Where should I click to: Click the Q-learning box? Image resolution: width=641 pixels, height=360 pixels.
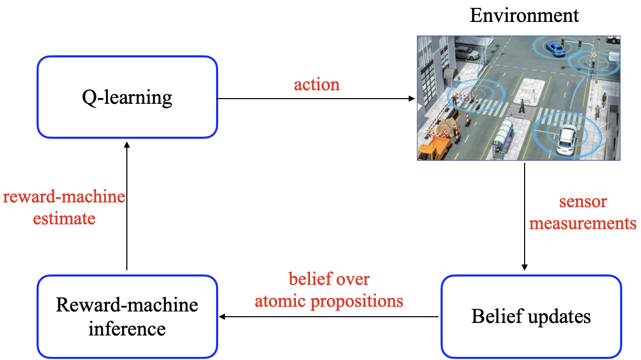[127, 97]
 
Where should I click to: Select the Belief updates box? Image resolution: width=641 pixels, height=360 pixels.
[531, 317]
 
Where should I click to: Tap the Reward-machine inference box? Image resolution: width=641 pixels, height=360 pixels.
[127, 317]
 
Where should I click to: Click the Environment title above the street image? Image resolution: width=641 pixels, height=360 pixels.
[524, 16]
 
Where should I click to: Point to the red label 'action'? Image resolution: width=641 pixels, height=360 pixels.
[317, 85]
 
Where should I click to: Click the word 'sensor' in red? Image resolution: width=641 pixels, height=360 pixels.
[583, 201]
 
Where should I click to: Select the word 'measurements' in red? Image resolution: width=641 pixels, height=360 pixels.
[583, 223]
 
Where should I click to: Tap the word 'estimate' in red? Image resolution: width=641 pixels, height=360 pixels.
[64, 219]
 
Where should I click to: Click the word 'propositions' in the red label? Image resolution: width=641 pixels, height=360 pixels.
[357, 302]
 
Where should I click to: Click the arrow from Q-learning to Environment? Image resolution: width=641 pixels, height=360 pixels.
[316, 99]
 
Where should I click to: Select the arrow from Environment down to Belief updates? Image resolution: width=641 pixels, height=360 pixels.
[525, 217]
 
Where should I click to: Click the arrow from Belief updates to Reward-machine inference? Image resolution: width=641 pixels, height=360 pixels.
[328, 317]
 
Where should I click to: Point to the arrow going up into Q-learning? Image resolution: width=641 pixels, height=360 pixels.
[127, 206]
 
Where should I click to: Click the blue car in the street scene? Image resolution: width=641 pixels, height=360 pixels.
[555, 49]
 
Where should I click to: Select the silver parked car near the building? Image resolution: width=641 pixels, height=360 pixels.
[467, 53]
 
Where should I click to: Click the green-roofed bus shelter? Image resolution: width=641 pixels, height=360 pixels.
[503, 136]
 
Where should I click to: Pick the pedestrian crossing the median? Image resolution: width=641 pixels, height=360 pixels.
[522, 106]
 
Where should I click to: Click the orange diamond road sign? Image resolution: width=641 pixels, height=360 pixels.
[594, 55]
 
